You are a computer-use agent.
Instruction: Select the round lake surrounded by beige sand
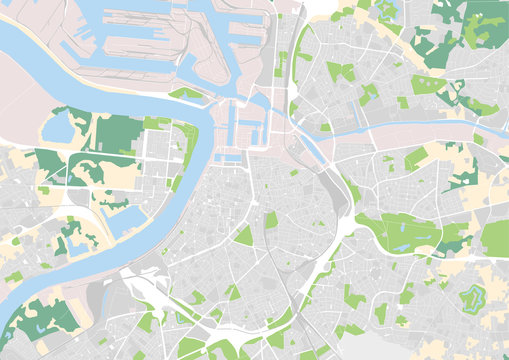[56, 127]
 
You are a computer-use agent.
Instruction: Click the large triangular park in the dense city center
[244, 236]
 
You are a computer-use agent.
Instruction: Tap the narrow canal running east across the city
[400, 127]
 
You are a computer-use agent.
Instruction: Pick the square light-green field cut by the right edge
[495, 238]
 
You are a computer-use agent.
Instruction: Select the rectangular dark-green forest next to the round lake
[118, 133]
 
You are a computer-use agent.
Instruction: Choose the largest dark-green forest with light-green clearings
[40, 318]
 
